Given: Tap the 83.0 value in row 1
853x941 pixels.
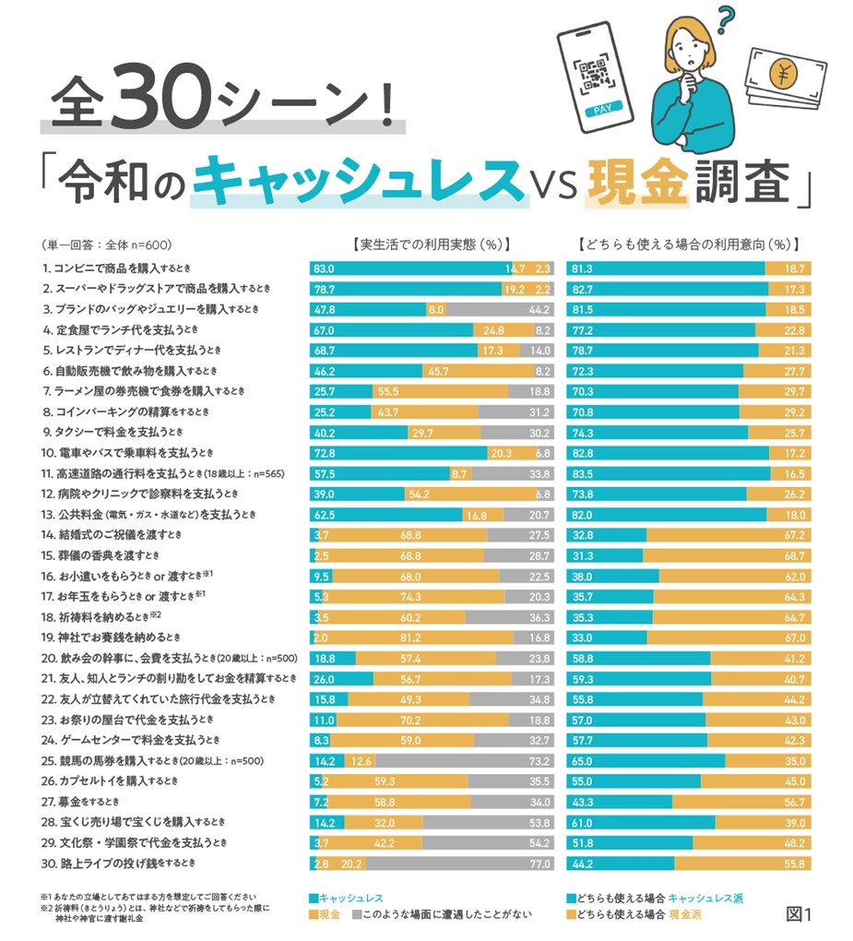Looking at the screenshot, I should tap(324, 268).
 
